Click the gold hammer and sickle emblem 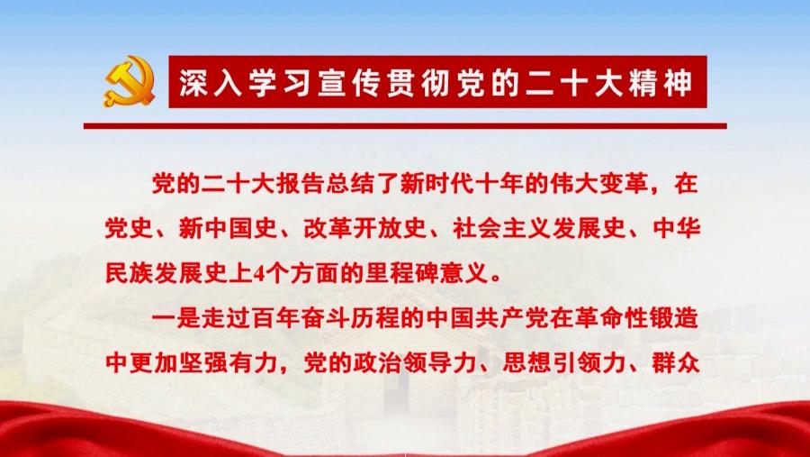[x=129, y=82]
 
